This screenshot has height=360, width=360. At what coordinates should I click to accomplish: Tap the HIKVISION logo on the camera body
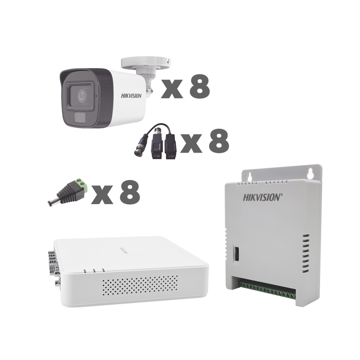click(x=131, y=96)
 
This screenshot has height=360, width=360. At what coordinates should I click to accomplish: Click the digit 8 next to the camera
click(x=200, y=86)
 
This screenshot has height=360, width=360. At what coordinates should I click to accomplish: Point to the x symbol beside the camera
click(x=172, y=89)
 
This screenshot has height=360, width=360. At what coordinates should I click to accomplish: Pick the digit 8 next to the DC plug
click(x=130, y=192)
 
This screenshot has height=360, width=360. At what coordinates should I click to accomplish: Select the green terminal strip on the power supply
click(x=268, y=292)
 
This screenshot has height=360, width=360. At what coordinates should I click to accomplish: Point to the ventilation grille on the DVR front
click(x=140, y=285)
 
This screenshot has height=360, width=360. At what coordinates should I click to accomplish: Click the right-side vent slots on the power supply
click(x=305, y=253)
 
